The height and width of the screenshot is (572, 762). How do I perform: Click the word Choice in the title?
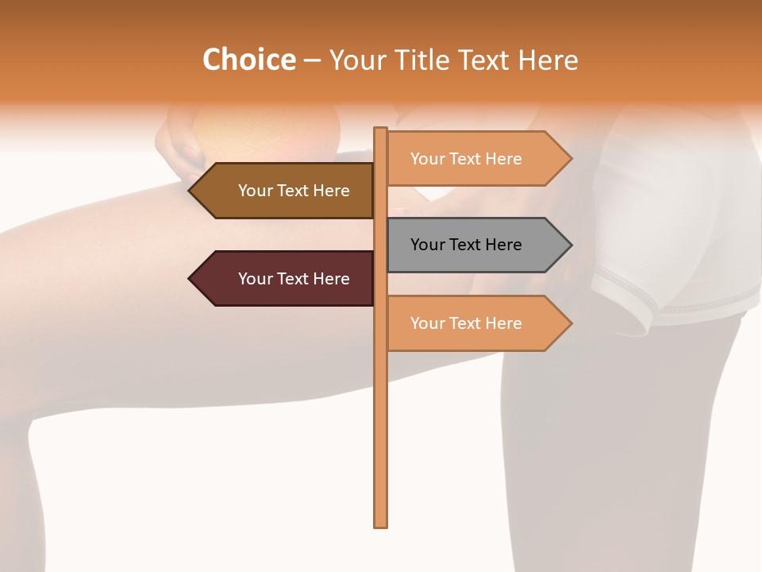(x=248, y=60)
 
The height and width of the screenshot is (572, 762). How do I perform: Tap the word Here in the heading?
(x=548, y=60)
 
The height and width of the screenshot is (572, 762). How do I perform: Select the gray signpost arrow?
(x=476, y=245)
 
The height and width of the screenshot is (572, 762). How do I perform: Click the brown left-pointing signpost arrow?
(x=282, y=191)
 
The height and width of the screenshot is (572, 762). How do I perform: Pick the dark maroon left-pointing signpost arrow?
(x=282, y=279)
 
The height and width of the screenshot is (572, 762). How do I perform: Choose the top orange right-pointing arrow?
(x=476, y=159)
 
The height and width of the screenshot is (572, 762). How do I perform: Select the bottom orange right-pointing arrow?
(x=476, y=323)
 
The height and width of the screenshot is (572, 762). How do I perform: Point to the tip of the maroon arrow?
(x=190, y=279)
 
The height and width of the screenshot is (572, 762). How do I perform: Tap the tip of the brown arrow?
(x=190, y=191)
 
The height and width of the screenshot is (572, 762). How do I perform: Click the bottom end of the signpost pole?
(x=380, y=524)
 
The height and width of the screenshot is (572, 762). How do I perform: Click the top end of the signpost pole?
(x=380, y=130)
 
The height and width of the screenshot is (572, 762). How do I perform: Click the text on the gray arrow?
(x=466, y=245)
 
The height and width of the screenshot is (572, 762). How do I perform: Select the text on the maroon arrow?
(x=294, y=279)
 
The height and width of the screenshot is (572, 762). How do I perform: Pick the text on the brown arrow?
(x=294, y=191)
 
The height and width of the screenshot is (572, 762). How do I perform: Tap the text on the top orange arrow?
(x=466, y=159)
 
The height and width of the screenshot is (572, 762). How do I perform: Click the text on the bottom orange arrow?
(x=466, y=323)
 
